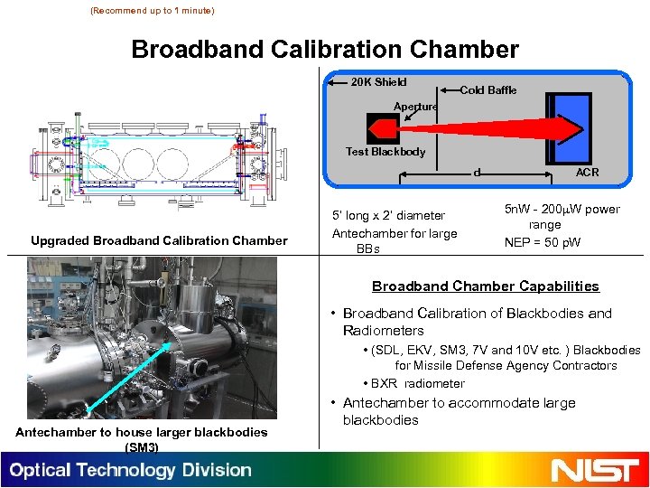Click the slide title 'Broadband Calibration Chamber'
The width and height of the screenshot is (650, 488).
point(325,49)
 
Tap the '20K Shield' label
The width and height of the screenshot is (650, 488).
point(378,82)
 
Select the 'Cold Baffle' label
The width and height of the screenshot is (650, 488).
point(488,89)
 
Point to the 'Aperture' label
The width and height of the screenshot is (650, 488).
point(415,107)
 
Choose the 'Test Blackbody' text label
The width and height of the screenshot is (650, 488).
point(385,152)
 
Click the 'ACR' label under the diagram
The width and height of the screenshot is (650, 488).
point(587,172)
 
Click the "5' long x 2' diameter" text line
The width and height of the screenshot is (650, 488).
point(389,215)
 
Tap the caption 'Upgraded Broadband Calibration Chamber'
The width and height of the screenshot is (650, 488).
point(159,240)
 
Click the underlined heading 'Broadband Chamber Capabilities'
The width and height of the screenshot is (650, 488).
point(486,286)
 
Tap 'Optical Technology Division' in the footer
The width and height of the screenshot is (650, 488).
point(131,470)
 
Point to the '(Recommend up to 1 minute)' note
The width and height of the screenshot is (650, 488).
point(153,11)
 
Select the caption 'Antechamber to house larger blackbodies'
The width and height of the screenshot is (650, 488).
point(142,432)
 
